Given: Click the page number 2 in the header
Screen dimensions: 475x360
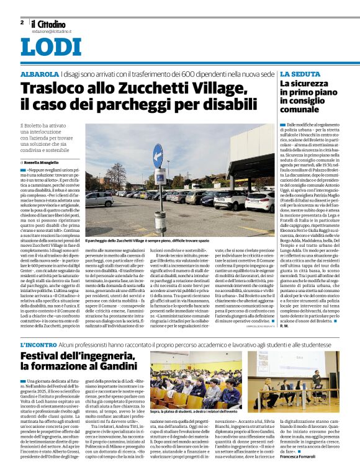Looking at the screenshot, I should (22, 22).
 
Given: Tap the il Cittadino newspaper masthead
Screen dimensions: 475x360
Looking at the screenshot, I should (48, 24).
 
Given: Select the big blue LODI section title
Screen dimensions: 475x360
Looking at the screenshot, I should (51, 48).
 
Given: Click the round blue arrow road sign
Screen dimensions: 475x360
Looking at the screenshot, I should (158, 151).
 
